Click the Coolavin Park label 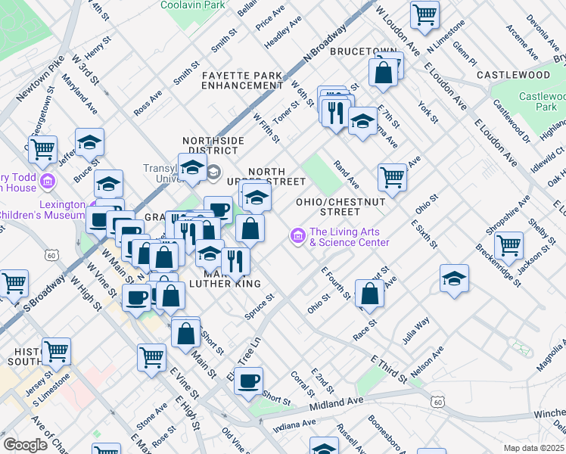click(x=192, y=5)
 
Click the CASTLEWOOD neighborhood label click(x=513, y=75)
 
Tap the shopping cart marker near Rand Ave click(x=392, y=177)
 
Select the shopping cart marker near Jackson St click(x=508, y=244)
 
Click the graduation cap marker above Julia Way click(x=454, y=278)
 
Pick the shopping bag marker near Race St click(x=369, y=294)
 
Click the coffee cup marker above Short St click(x=248, y=381)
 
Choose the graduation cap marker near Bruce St click(x=89, y=141)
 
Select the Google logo click(x=25, y=445)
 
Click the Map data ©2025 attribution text click(x=534, y=448)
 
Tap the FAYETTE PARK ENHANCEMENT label click(x=242, y=80)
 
